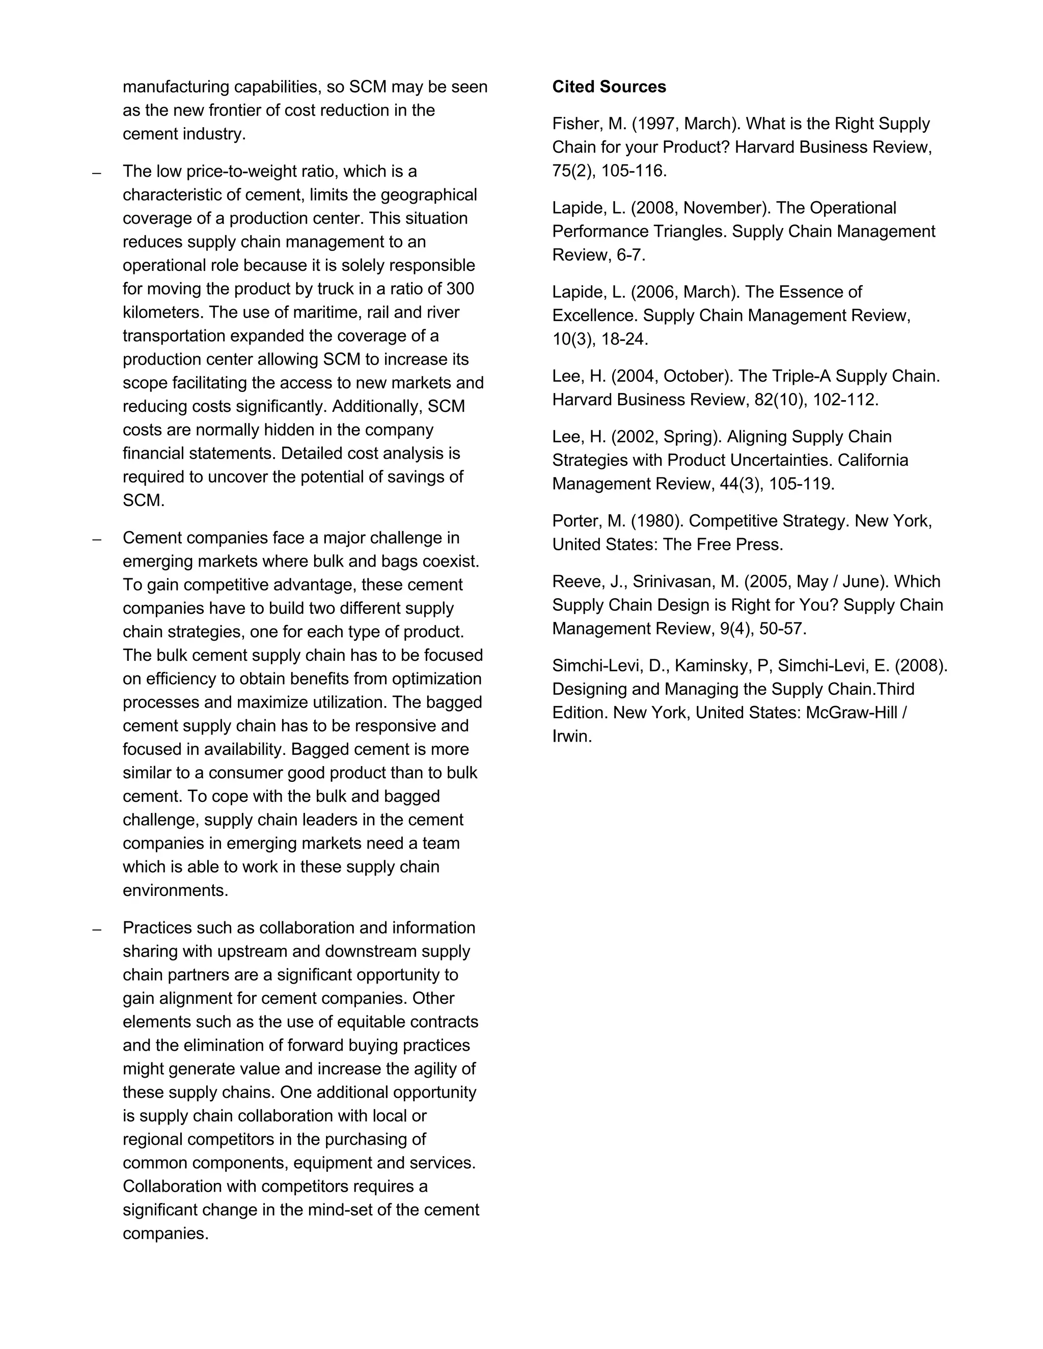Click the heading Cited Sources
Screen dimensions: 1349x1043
(609, 87)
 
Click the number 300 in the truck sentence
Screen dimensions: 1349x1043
(460, 289)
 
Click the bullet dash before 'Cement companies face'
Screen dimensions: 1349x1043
(96, 539)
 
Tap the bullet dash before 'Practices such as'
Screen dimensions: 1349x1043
(96, 929)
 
